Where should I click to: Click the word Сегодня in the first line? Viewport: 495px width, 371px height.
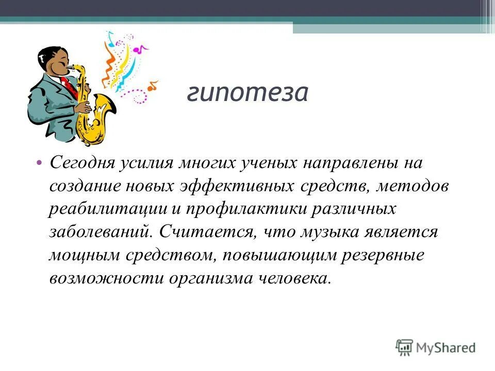pos(81,164)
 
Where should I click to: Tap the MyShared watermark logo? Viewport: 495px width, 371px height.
pos(436,347)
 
